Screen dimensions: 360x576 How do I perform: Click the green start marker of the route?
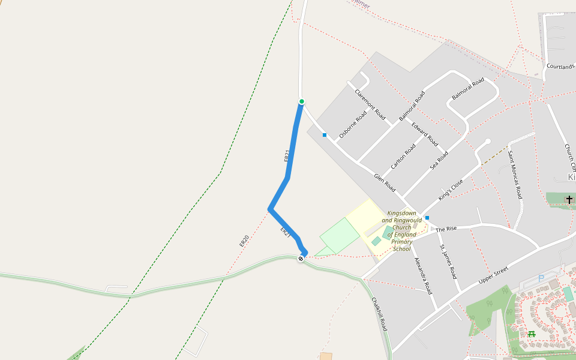coord(302,101)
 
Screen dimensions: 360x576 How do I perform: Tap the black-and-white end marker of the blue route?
coord(301,259)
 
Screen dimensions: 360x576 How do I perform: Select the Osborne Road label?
coord(353,124)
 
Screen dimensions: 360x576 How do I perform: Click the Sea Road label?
coord(439,161)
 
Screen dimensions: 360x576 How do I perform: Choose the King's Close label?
coord(451,189)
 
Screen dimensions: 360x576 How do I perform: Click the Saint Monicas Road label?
coord(515,175)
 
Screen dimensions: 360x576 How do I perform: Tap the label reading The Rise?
coord(446,229)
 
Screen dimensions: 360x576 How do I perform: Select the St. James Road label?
coord(448,262)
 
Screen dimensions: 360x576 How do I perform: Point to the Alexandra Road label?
coord(424,275)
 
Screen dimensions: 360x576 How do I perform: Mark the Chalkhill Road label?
coord(379,314)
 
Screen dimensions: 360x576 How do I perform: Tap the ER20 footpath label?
coord(244,241)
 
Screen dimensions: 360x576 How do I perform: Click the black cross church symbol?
coord(569,199)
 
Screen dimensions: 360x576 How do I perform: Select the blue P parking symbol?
coord(541,278)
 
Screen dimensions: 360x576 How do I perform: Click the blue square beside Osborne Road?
coord(325,135)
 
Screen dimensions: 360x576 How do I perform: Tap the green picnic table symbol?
coord(531,334)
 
